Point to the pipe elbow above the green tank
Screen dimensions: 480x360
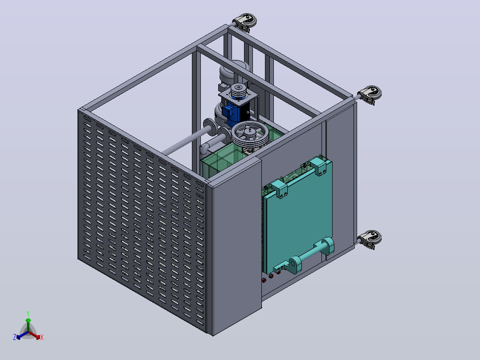pos(206,148)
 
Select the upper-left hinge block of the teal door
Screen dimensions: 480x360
pos(278,189)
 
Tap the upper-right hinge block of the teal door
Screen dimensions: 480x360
pos(319,166)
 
